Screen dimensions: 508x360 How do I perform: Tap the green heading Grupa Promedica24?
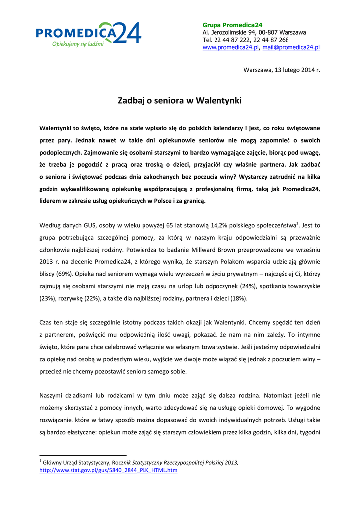tap(232, 25)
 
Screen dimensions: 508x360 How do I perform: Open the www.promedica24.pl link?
tap(230, 47)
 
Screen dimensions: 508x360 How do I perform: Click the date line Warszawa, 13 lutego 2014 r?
tap(282, 69)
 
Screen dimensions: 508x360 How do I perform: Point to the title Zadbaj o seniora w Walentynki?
tap(180, 101)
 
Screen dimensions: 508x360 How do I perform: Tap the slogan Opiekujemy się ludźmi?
tap(78, 44)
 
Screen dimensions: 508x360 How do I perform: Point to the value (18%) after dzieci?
tap(235, 299)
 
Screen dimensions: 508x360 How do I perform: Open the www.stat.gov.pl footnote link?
tap(108, 470)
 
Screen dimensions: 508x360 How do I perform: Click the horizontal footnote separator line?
tap(83, 455)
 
